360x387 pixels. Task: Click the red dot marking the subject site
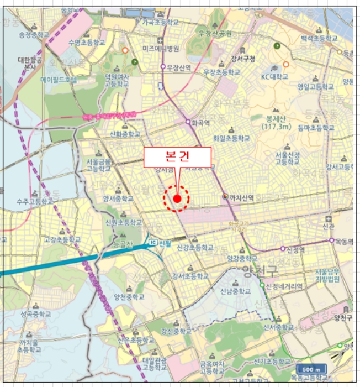point(177,198)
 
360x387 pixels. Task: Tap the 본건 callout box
point(177,157)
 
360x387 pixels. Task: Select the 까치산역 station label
point(242,196)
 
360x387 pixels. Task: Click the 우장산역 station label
point(179,67)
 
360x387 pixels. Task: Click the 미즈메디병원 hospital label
point(161,49)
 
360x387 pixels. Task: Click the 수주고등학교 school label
point(34,202)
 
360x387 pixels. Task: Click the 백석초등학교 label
point(319,39)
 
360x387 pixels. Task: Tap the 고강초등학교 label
point(62,240)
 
